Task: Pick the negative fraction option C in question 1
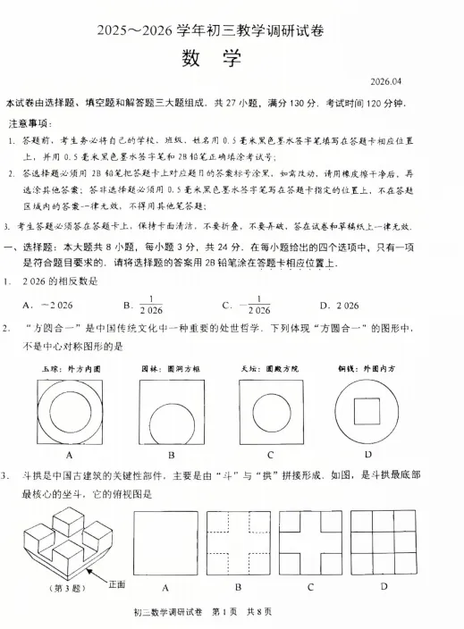(x=251, y=306)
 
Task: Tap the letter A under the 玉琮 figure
(x=69, y=454)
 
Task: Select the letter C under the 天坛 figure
(x=268, y=454)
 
